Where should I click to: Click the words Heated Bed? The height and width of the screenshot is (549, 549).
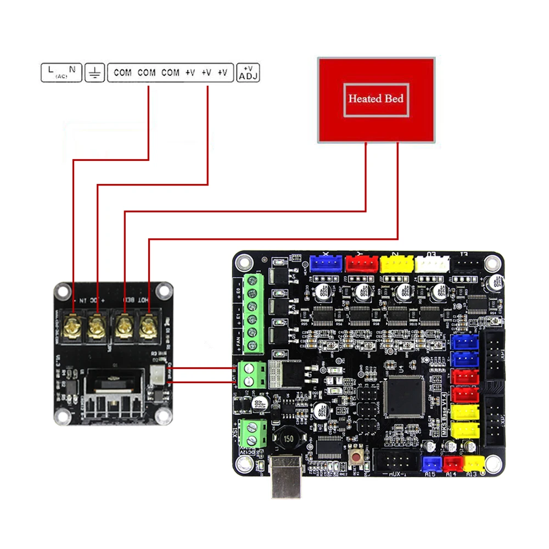coord(376,99)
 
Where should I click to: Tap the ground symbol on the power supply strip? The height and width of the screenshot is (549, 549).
coord(94,72)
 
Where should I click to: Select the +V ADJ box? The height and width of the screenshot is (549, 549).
coord(248,72)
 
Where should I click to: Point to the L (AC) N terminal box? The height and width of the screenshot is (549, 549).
coord(61,72)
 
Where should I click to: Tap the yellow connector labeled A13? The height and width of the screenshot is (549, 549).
coord(473,463)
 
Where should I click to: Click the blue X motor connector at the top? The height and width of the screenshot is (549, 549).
coord(326,264)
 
